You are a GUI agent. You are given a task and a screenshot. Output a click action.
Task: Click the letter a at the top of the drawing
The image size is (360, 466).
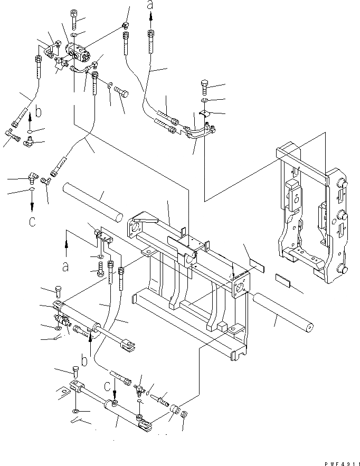[150, 6]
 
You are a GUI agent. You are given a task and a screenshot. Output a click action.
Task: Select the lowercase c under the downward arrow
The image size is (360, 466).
[32, 221]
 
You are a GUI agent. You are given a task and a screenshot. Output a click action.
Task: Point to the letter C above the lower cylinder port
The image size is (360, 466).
[108, 387]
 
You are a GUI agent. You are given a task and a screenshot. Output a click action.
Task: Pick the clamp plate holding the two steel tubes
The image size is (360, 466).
[205, 115]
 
